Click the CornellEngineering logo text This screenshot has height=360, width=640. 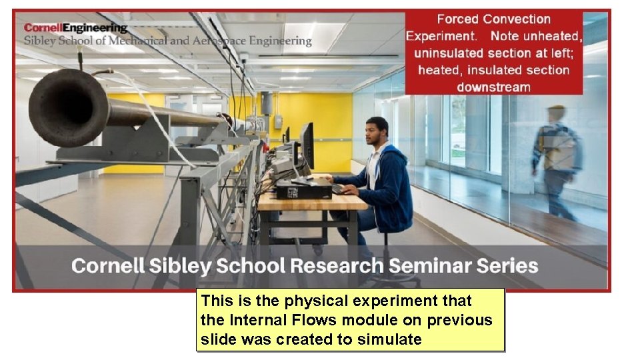[75, 28]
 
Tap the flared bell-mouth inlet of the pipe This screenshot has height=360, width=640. [67, 107]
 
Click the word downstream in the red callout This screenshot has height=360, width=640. [493, 87]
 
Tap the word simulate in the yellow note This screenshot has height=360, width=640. [389, 339]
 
